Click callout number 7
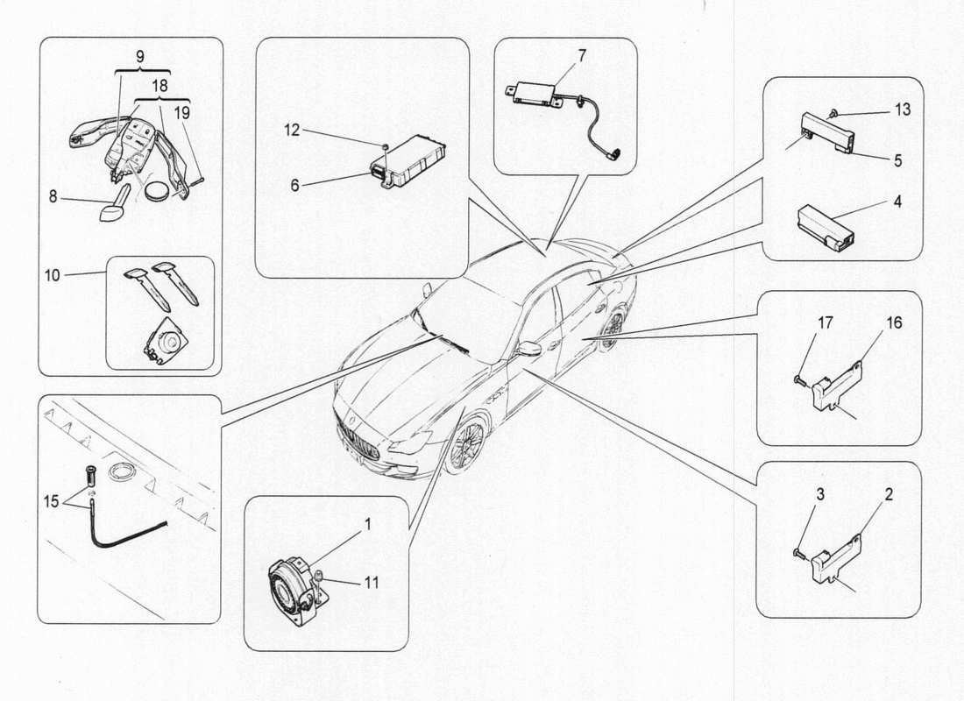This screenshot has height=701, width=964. pos(582,54)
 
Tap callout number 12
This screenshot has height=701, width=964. pos(291,130)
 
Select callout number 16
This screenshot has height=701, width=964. pos(893,322)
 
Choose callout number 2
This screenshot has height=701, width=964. pos(889,495)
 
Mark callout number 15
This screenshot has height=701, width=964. pos(52,501)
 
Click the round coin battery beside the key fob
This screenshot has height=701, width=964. pos(158,188)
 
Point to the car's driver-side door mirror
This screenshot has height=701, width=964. pos(528,348)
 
